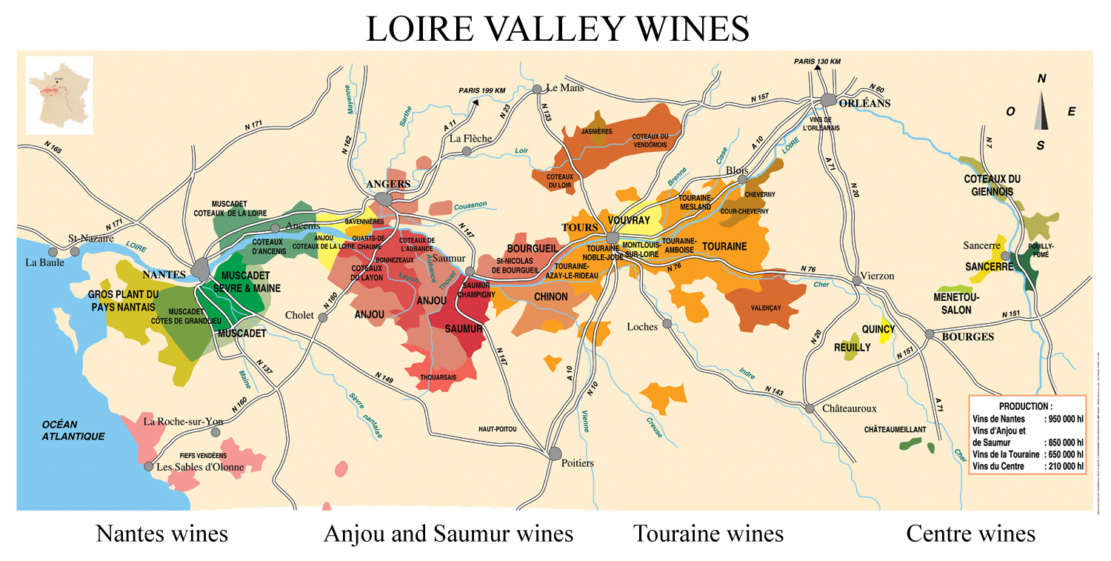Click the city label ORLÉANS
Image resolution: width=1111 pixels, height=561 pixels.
tap(866, 103)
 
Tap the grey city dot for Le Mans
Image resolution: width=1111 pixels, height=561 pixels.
tap(538, 89)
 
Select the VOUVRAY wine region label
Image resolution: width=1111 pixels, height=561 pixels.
tap(629, 220)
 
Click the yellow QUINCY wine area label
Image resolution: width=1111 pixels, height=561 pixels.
tap(878, 329)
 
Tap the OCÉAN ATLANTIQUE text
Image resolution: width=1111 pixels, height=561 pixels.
tap(73, 431)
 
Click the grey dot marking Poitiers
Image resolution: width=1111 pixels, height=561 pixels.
tap(555, 453)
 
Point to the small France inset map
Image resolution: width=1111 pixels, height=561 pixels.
tap(59, 95)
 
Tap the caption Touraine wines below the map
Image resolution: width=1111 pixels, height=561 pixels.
tap(707, 534)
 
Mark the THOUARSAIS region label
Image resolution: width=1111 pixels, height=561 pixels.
tap(438, 376)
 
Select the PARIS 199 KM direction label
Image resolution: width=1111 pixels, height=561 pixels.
tap(481, 90)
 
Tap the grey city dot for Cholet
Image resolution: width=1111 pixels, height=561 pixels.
tap(323, 317)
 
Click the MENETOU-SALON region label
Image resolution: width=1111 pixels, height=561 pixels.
tap(956, 303)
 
